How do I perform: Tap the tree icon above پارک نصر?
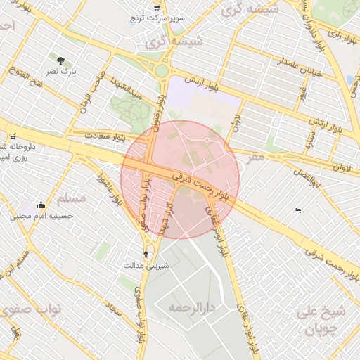pyautogui.click(x=61, y=60)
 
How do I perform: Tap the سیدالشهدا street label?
pyautogui.click(x=129, y=88)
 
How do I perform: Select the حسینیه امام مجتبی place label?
pyautogui.click(x=41, y=217)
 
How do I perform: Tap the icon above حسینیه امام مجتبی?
pyautogui.click(x=41, y=205)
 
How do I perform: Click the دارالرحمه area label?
pyautogui.click(x=189, y=308)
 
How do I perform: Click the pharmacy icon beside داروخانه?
pyautogui.click(x=13, y=136)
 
